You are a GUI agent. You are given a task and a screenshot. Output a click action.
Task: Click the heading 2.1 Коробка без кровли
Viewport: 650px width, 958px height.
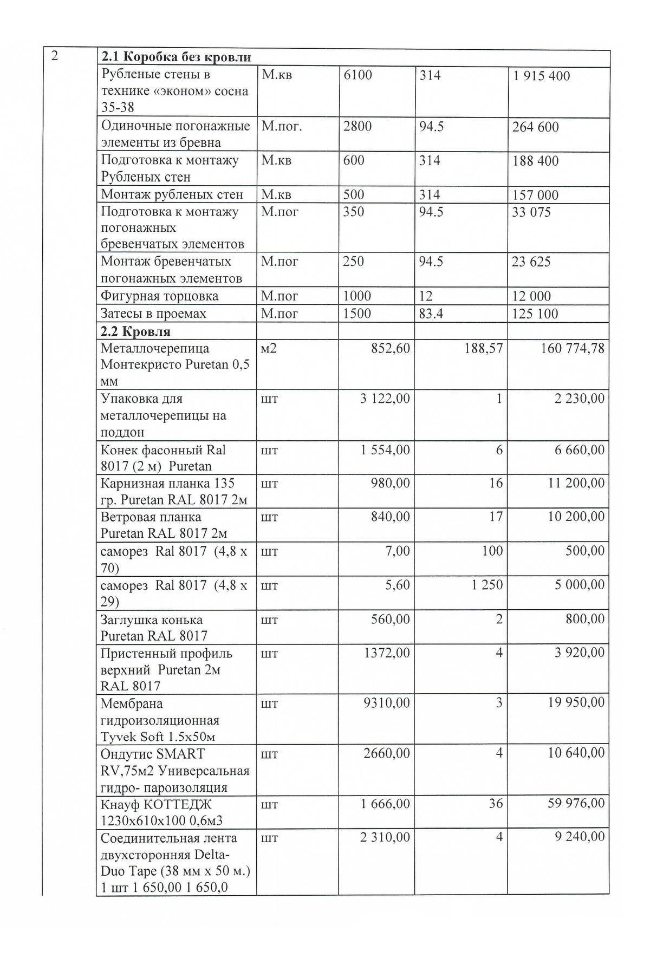[176, 57]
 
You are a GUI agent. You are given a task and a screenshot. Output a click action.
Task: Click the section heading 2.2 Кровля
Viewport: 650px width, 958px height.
[135, 331]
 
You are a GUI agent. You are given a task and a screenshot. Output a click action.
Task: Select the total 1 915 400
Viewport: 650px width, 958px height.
[541, 76]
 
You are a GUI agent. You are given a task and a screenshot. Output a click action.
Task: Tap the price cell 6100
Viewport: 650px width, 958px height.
[358, 75]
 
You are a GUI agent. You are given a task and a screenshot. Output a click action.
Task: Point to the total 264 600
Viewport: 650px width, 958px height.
[535, 127]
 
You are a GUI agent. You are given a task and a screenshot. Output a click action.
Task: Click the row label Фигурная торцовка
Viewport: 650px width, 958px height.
[160, 296]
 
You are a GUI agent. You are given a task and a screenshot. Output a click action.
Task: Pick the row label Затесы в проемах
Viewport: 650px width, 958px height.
[153, 314]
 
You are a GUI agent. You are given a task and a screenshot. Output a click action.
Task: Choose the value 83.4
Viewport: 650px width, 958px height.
[431, 314]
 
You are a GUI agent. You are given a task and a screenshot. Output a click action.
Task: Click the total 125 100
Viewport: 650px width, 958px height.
[535, 314]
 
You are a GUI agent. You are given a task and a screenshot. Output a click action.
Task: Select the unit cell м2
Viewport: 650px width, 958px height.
[269, 348]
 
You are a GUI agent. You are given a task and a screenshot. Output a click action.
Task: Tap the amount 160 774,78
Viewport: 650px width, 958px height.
[573, 348]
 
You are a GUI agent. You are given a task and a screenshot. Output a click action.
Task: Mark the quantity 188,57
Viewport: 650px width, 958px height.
[483, 348]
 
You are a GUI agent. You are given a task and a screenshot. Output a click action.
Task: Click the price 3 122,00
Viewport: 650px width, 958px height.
[385, 399]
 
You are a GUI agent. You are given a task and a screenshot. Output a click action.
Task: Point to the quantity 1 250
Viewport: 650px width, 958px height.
[487, 585]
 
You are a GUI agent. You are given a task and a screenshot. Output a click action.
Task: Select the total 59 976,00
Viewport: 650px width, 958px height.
[576, 803]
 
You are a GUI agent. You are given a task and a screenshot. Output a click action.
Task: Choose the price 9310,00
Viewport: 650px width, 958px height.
[387, 703]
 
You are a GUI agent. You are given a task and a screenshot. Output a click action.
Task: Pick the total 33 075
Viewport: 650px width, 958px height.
[531, 212]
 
